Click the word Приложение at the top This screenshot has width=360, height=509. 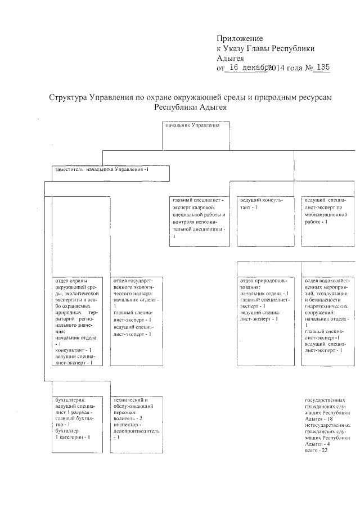click(240, 39)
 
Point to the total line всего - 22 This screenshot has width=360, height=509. click(316, 451)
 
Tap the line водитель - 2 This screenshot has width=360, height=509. click(129, 419)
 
